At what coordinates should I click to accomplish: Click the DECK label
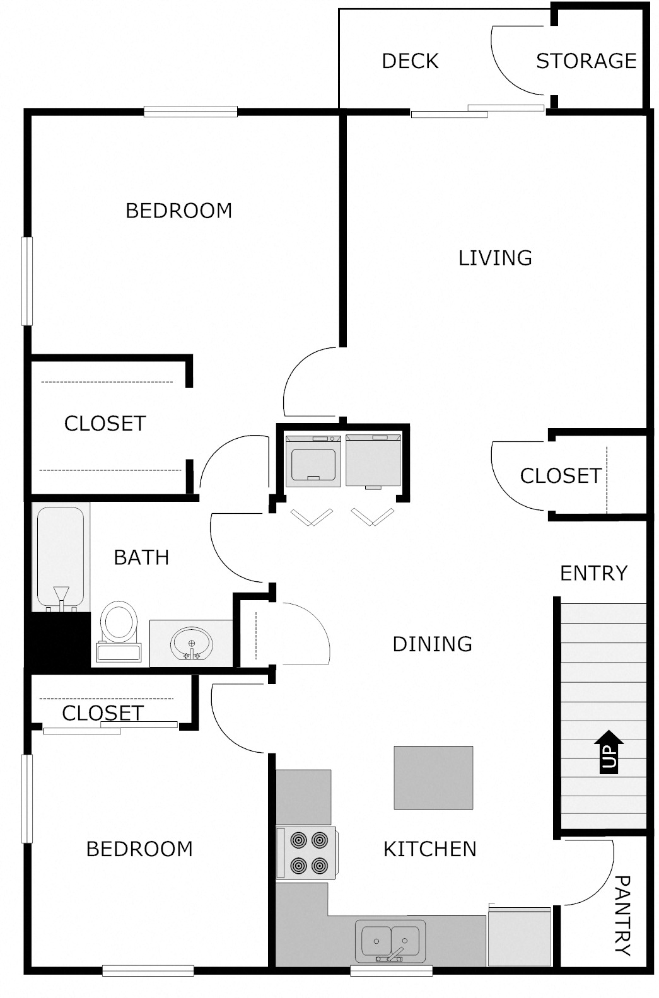pos(410,61)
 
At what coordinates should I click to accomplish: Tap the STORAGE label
pos(586,61)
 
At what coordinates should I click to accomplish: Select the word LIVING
pos(495,258)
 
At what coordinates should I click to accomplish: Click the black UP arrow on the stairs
pos(609,751)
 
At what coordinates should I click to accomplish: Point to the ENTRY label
pos(593,573)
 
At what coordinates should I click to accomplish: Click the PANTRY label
pos(622,915)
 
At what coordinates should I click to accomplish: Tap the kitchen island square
pos(433,777)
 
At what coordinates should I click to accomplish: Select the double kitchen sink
pos(390,941)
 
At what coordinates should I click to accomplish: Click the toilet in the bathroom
pos(119,630)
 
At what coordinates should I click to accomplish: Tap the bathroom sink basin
pos(191,643)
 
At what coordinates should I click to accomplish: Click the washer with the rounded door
pos(313,461)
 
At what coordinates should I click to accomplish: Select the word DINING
pos(432,644)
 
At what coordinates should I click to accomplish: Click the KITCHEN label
pos(429,849)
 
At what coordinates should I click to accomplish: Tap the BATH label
pos(141,557)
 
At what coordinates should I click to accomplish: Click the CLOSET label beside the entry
pos(560,475)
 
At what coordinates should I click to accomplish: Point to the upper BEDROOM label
pos(178,211)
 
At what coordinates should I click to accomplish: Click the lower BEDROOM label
pos(139,849)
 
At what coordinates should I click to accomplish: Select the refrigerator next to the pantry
pos(520,937)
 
